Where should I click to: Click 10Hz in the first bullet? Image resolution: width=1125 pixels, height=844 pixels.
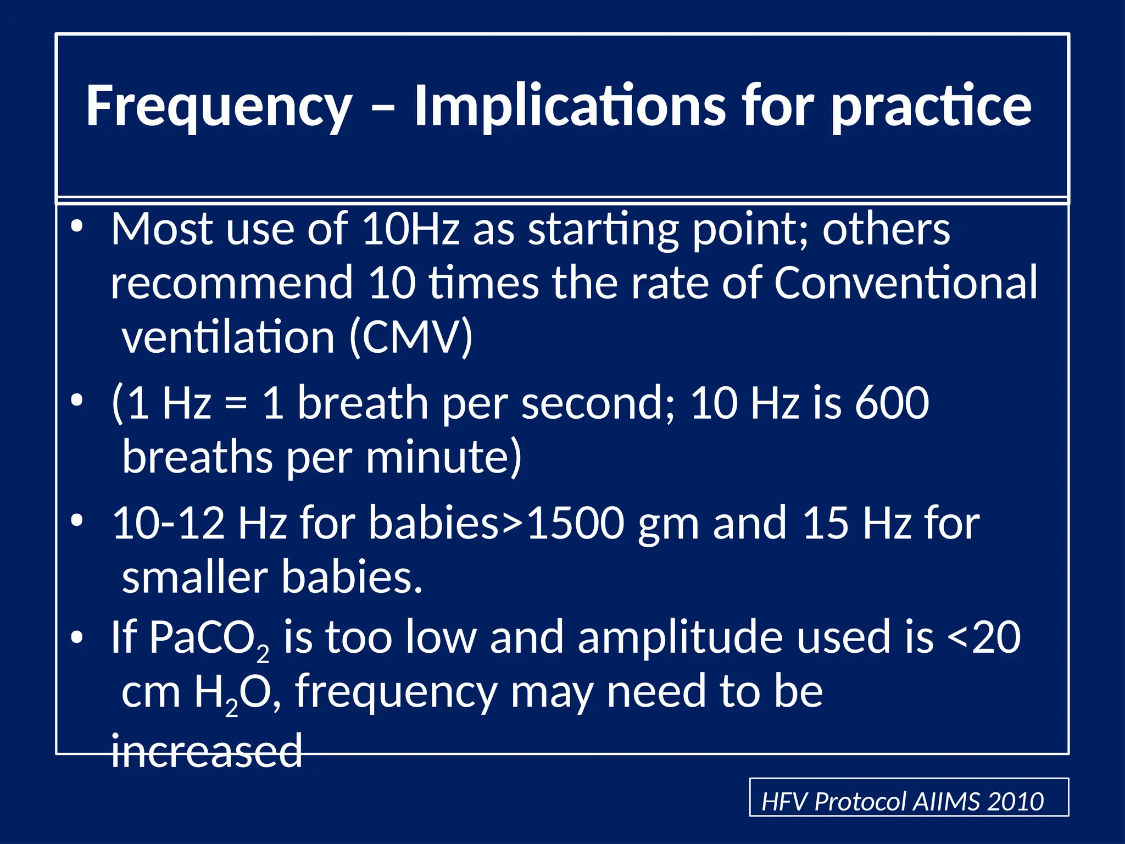point(410,229)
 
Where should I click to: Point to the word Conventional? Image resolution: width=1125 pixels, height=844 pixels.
point(906,282)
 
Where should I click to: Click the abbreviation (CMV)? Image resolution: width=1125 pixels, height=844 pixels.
point(411,336)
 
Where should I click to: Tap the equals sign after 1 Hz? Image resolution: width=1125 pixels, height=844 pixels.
point(236,404)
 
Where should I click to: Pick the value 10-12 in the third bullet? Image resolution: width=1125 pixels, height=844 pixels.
point(169,523)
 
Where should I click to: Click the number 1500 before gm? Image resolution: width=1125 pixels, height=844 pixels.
point(575,523)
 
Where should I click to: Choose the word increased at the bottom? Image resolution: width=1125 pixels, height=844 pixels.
point(207,751)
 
